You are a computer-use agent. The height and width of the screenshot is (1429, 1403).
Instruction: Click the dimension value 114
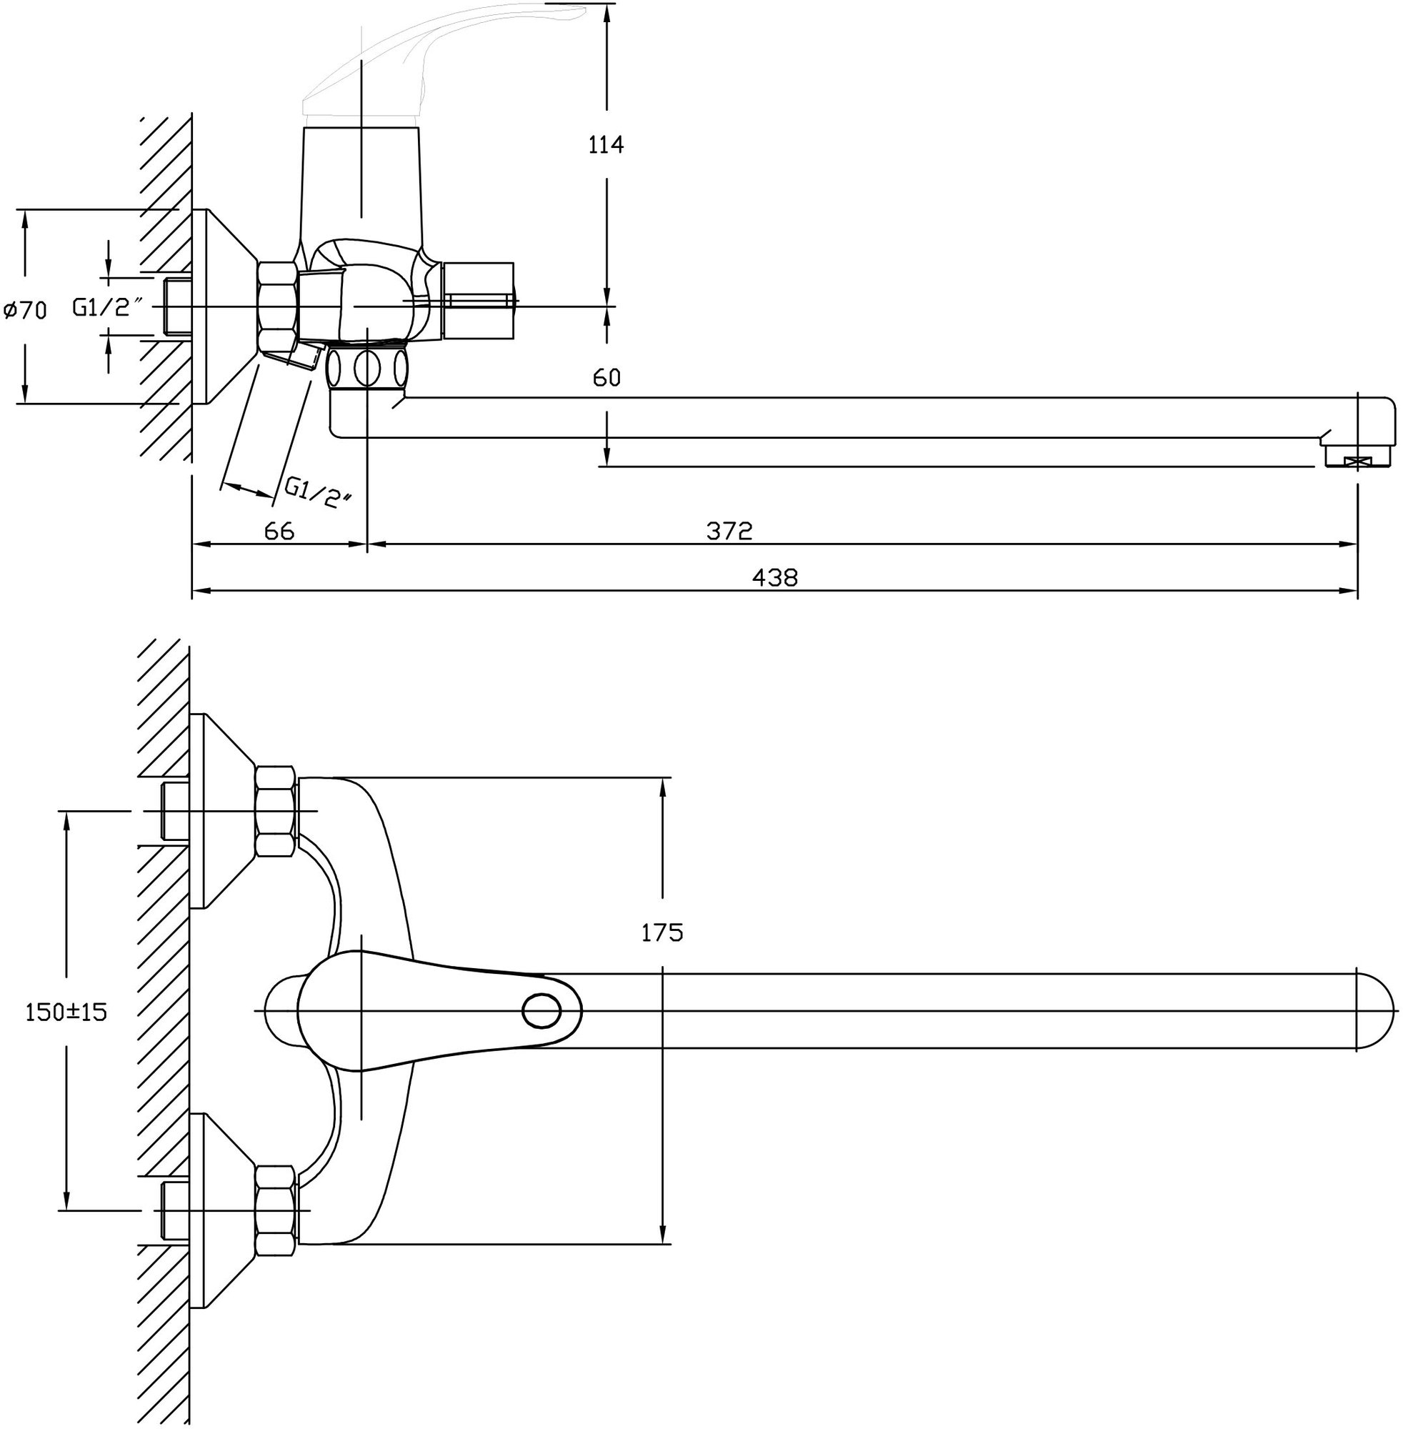606,144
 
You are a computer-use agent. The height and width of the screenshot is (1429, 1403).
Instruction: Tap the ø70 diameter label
25,310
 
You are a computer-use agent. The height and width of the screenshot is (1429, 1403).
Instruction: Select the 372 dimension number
729,531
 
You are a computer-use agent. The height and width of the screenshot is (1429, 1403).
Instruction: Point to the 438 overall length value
774,577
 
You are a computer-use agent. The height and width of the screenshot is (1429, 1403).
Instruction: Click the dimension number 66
279,531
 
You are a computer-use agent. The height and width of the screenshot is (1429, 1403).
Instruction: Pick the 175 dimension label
661,932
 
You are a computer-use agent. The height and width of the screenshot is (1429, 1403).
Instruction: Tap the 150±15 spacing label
66,1012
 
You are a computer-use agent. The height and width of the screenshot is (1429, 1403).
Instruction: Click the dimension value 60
606,378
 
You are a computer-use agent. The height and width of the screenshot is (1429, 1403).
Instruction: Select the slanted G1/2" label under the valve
319,492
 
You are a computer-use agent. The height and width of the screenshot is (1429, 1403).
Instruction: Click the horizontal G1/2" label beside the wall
106,307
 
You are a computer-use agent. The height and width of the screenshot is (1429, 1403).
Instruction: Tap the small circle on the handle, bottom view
541,1010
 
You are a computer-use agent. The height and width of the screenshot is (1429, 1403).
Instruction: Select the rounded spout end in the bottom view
1377,1010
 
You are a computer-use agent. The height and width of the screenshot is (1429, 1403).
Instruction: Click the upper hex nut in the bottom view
276,812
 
